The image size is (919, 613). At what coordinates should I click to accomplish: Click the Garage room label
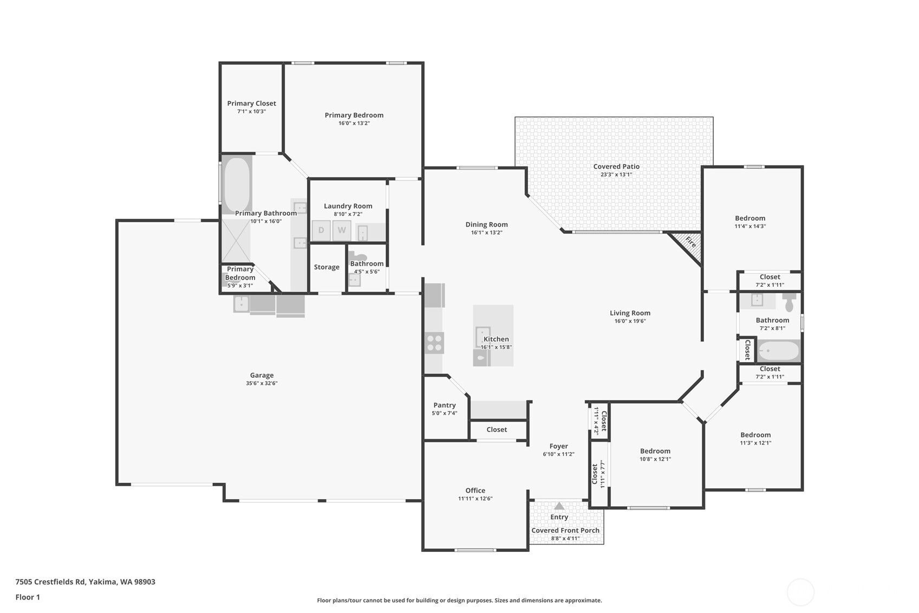coord(262,375)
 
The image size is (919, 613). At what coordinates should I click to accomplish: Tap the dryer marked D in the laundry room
coord(321,230)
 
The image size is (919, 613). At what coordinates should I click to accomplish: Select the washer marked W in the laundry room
coord(341,230)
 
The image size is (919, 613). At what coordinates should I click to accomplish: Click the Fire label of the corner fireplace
coord(691,242)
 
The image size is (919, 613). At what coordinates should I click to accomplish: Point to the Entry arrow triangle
coord(559,506)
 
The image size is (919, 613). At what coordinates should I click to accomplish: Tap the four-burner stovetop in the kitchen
coord(434,343)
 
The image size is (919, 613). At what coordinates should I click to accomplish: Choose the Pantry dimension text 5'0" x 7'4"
coord(444,413)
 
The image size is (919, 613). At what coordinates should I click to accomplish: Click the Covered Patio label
coord(616,166)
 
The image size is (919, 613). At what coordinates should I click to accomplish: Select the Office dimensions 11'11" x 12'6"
coord(475,499)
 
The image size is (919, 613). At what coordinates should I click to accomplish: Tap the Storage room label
coord(327,267)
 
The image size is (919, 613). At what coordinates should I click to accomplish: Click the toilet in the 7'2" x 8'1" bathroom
coord(789,302)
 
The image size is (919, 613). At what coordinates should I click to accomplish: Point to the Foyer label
coord(558,446)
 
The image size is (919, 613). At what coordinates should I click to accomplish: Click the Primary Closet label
coord(251,104)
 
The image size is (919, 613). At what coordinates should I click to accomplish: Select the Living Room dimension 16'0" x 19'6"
coord(630,321)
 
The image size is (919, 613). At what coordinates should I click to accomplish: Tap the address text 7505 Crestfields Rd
coord(50,582)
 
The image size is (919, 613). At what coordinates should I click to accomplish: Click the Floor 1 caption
coord(28,597)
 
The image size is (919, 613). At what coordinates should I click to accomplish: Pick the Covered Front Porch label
coord(565,530)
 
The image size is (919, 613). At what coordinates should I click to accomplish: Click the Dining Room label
coord(487,224)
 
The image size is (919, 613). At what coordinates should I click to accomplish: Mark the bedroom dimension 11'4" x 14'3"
coord(750,226)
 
